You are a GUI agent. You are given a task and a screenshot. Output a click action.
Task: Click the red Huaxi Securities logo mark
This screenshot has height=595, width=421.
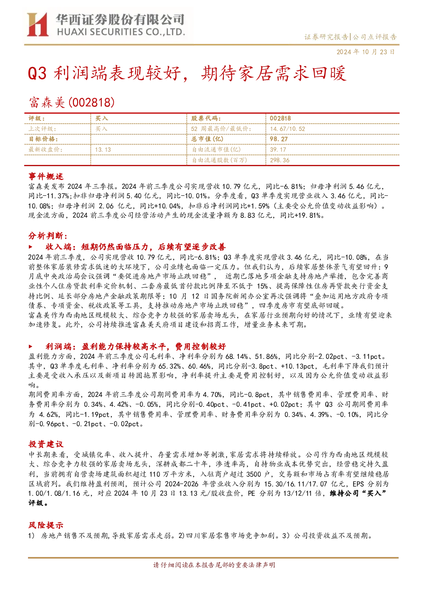point(38,25)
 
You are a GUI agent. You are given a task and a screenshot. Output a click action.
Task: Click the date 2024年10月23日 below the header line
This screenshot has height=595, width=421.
point(365,52)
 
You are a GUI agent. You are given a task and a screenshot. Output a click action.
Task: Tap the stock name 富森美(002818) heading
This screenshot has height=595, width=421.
point(72,103)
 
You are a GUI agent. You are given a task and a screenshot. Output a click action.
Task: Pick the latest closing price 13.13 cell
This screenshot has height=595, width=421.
point(103,150)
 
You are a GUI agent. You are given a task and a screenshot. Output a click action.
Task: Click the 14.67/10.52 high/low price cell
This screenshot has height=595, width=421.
point(287,129)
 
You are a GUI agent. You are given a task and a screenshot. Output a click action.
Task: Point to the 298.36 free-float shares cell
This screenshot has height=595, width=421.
point(279,160)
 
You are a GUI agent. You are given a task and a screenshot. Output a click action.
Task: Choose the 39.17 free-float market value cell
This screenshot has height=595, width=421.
point(278,150)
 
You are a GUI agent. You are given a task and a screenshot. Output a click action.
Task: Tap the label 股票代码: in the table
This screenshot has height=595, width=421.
point(206,119)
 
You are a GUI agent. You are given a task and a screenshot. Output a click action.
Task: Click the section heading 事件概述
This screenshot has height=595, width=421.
point(46,176)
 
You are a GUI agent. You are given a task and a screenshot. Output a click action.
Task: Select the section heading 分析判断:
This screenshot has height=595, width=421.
point(48,236)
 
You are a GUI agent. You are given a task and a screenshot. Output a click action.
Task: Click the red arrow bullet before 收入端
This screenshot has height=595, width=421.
point(31,247)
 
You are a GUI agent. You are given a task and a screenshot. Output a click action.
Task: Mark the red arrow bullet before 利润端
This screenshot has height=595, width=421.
point(31,346)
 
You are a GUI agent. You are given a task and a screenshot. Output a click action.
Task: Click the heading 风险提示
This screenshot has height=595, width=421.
point(46,525)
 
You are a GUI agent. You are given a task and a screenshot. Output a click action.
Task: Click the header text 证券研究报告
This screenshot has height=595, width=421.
point(326,37)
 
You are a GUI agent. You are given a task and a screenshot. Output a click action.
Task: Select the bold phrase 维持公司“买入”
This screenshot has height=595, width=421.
point(358,493)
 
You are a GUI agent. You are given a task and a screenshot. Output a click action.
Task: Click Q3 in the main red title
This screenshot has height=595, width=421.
point(37,73)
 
